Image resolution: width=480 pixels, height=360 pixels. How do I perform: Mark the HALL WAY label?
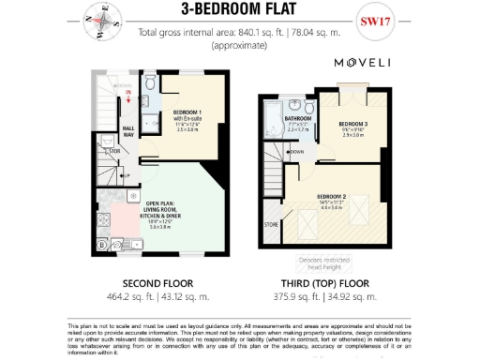(x=128, y=132)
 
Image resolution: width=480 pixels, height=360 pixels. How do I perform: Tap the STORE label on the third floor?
(x=272, y=225)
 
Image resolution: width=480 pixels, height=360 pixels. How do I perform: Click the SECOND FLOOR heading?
(x=158, y=282)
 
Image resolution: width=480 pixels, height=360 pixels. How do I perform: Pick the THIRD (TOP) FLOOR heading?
(x=327, y=282)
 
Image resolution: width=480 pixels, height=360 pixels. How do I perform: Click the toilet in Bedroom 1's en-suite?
(x=150, y=84)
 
